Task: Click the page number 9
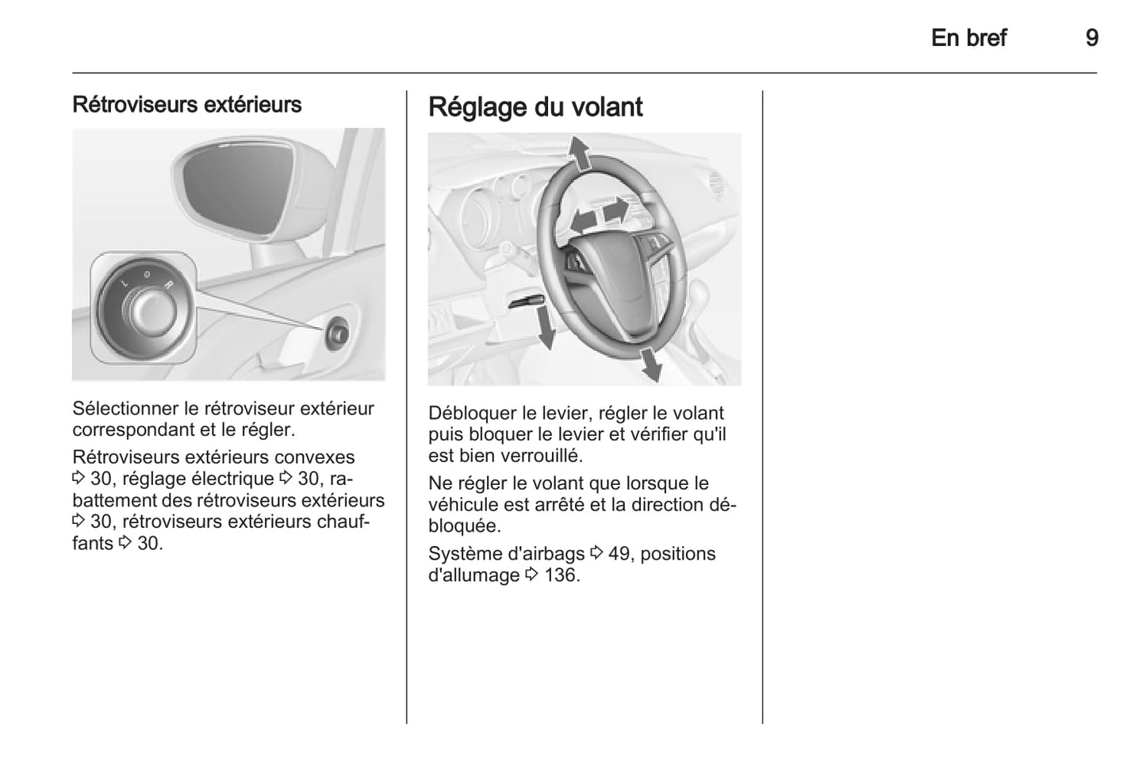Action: (x=1091, y=38)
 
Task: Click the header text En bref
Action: (x=968, y=38)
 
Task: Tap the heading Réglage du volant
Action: (x=535, y=107)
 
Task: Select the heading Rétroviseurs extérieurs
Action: (x=186, y=105)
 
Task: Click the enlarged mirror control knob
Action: (x=144, y=310)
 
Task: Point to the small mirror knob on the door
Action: (x=337, y=333)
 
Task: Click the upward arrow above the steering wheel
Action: (x=581, y=153)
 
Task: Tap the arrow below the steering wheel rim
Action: (x=650, y=364)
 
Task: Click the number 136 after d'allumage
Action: (x=562, y=575)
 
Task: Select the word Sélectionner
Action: (x=125, y=409)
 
